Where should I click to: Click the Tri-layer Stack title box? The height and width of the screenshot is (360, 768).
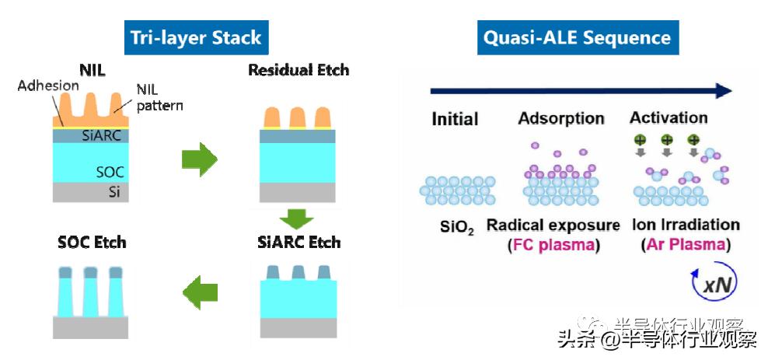coord(195,37)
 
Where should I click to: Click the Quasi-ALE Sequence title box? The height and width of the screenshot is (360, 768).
coord(578,37)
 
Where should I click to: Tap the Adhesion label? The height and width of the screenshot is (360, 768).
coord(48,86)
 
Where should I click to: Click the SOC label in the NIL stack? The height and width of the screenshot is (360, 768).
coord(110,172)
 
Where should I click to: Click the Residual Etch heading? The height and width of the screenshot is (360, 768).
coord(298,70)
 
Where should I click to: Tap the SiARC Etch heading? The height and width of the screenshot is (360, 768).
coord(298,242)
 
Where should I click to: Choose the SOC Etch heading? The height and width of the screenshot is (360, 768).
coord(91,242)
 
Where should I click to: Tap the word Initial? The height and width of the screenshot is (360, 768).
coord(455,120)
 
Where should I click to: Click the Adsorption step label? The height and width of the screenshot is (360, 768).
coord(561,118)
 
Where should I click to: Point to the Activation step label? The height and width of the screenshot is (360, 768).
coord(669,118)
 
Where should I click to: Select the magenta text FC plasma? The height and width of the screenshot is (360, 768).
coord(553,245)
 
